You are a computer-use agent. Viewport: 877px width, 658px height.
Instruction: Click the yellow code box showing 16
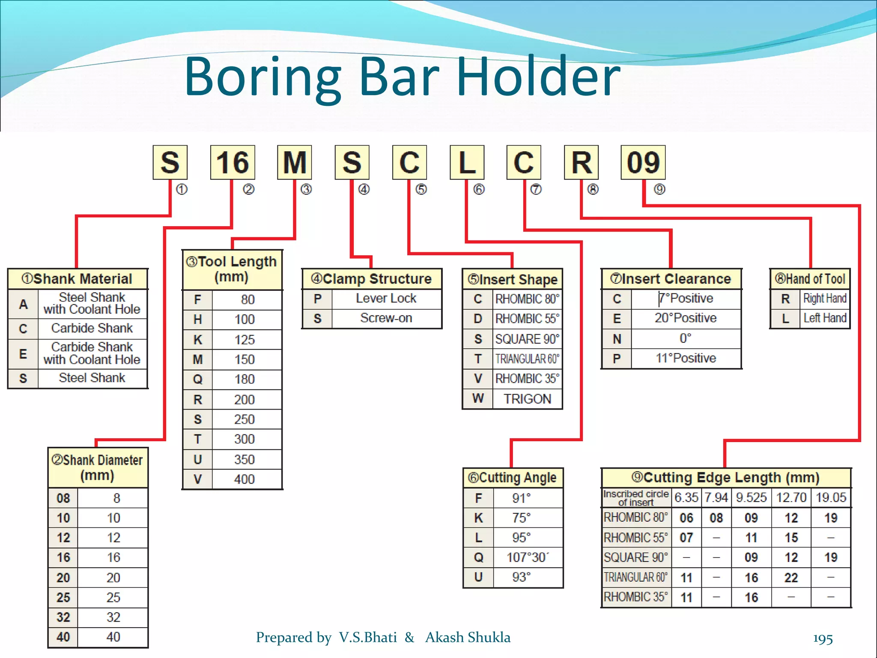233,162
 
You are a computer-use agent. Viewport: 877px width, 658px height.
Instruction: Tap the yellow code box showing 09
643,162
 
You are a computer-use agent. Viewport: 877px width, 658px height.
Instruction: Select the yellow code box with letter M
294,162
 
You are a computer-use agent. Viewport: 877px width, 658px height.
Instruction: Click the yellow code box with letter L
467,162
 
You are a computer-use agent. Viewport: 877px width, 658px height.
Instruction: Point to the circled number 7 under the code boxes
536,189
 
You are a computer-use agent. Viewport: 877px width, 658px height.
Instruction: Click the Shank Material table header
78,279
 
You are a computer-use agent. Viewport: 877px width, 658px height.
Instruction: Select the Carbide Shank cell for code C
92,328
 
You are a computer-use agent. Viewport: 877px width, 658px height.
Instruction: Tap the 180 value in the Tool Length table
245,380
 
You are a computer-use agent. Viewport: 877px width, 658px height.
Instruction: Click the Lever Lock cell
386,298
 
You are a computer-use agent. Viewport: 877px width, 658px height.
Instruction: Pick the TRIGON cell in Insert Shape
527,399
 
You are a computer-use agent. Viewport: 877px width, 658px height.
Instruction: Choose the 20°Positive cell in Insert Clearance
685,318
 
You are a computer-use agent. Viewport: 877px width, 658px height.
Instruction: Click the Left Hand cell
825,318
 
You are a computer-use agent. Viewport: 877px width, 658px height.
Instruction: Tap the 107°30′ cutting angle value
527,557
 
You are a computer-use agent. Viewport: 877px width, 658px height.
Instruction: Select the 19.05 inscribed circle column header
831,497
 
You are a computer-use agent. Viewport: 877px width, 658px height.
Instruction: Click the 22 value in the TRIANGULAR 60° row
791,578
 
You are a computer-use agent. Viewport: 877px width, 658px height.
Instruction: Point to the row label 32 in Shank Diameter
63,617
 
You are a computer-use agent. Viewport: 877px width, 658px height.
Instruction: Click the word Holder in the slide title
538,77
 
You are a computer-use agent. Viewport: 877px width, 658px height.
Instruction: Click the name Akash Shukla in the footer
468,637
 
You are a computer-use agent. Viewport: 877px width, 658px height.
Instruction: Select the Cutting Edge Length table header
725,478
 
